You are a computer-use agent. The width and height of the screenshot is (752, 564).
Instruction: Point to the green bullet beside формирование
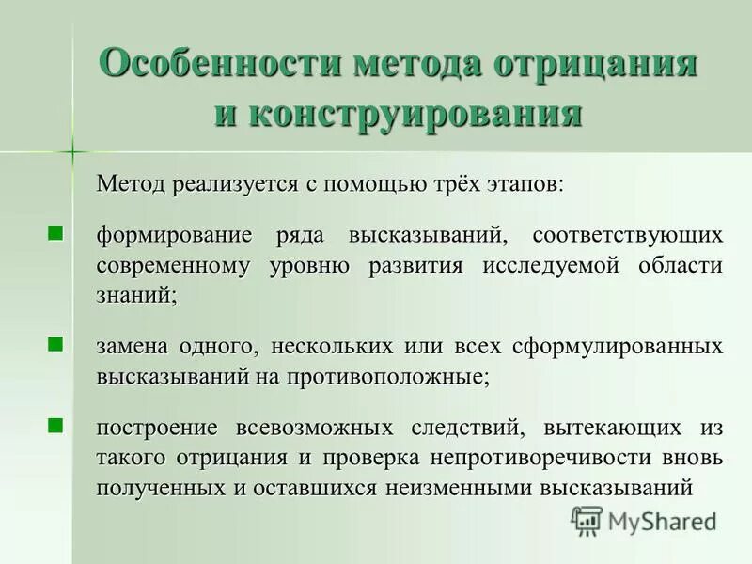[55, 232]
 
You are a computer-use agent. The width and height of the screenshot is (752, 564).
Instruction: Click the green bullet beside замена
[55, 346]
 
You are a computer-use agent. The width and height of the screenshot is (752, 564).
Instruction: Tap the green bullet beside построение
[55, 429]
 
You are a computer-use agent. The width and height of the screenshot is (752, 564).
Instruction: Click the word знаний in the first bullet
[135, 294]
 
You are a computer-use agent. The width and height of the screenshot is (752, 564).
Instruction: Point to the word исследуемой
[552, 264]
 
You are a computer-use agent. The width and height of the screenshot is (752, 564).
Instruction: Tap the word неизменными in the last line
[453, 488]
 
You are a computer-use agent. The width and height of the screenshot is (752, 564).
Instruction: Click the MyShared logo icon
[587, 520]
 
